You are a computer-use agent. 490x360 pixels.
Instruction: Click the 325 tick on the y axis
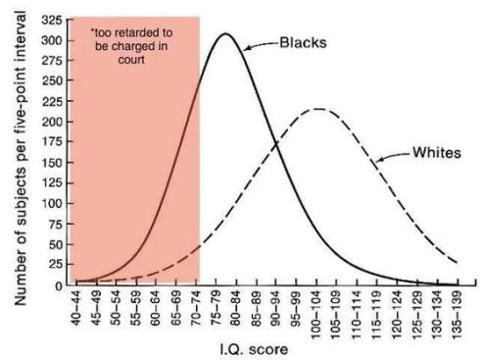52,21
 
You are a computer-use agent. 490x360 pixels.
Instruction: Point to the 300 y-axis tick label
52,40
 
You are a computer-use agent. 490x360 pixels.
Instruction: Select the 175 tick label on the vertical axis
52,141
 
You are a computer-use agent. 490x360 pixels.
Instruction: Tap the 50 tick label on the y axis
56,244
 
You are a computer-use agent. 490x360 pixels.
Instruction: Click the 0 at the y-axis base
59,286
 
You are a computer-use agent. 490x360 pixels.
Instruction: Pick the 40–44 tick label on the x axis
76,308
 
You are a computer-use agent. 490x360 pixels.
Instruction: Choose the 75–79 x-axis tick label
217,308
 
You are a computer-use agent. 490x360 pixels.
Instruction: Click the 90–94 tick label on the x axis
276,308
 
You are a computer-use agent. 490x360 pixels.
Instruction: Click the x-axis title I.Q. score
254,349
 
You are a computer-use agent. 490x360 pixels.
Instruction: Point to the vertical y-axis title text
21,158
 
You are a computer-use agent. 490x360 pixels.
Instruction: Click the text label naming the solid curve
303,43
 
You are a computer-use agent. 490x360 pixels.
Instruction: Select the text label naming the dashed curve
437,153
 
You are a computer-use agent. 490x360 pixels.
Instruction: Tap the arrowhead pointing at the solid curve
248,48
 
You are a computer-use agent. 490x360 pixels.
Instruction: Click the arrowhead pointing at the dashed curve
380,160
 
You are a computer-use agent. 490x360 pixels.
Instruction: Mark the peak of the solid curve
225,33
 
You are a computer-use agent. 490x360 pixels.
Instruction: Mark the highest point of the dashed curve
318,109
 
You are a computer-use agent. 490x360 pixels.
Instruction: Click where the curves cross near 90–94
277,143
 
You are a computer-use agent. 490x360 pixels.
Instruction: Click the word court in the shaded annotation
131,60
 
